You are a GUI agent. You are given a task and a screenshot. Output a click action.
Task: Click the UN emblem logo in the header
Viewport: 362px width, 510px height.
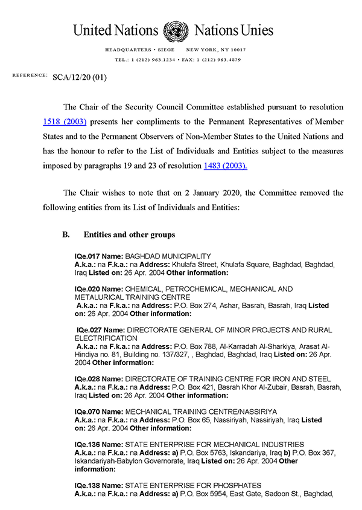click(x=175, y=30)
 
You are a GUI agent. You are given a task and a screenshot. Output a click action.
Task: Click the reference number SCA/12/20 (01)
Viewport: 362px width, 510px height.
click(x=80, y=77)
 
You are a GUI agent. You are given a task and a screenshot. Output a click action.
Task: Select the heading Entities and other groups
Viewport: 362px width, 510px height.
click(x=129, y=234)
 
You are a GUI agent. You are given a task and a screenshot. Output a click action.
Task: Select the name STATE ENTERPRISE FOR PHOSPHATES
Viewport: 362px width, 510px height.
click(x=193, y=486)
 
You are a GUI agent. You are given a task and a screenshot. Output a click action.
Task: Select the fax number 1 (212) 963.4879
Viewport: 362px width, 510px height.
click(x=217, y=60)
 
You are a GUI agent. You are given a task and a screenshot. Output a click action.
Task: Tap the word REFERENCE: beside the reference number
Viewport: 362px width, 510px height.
click(x=30, y=75)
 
